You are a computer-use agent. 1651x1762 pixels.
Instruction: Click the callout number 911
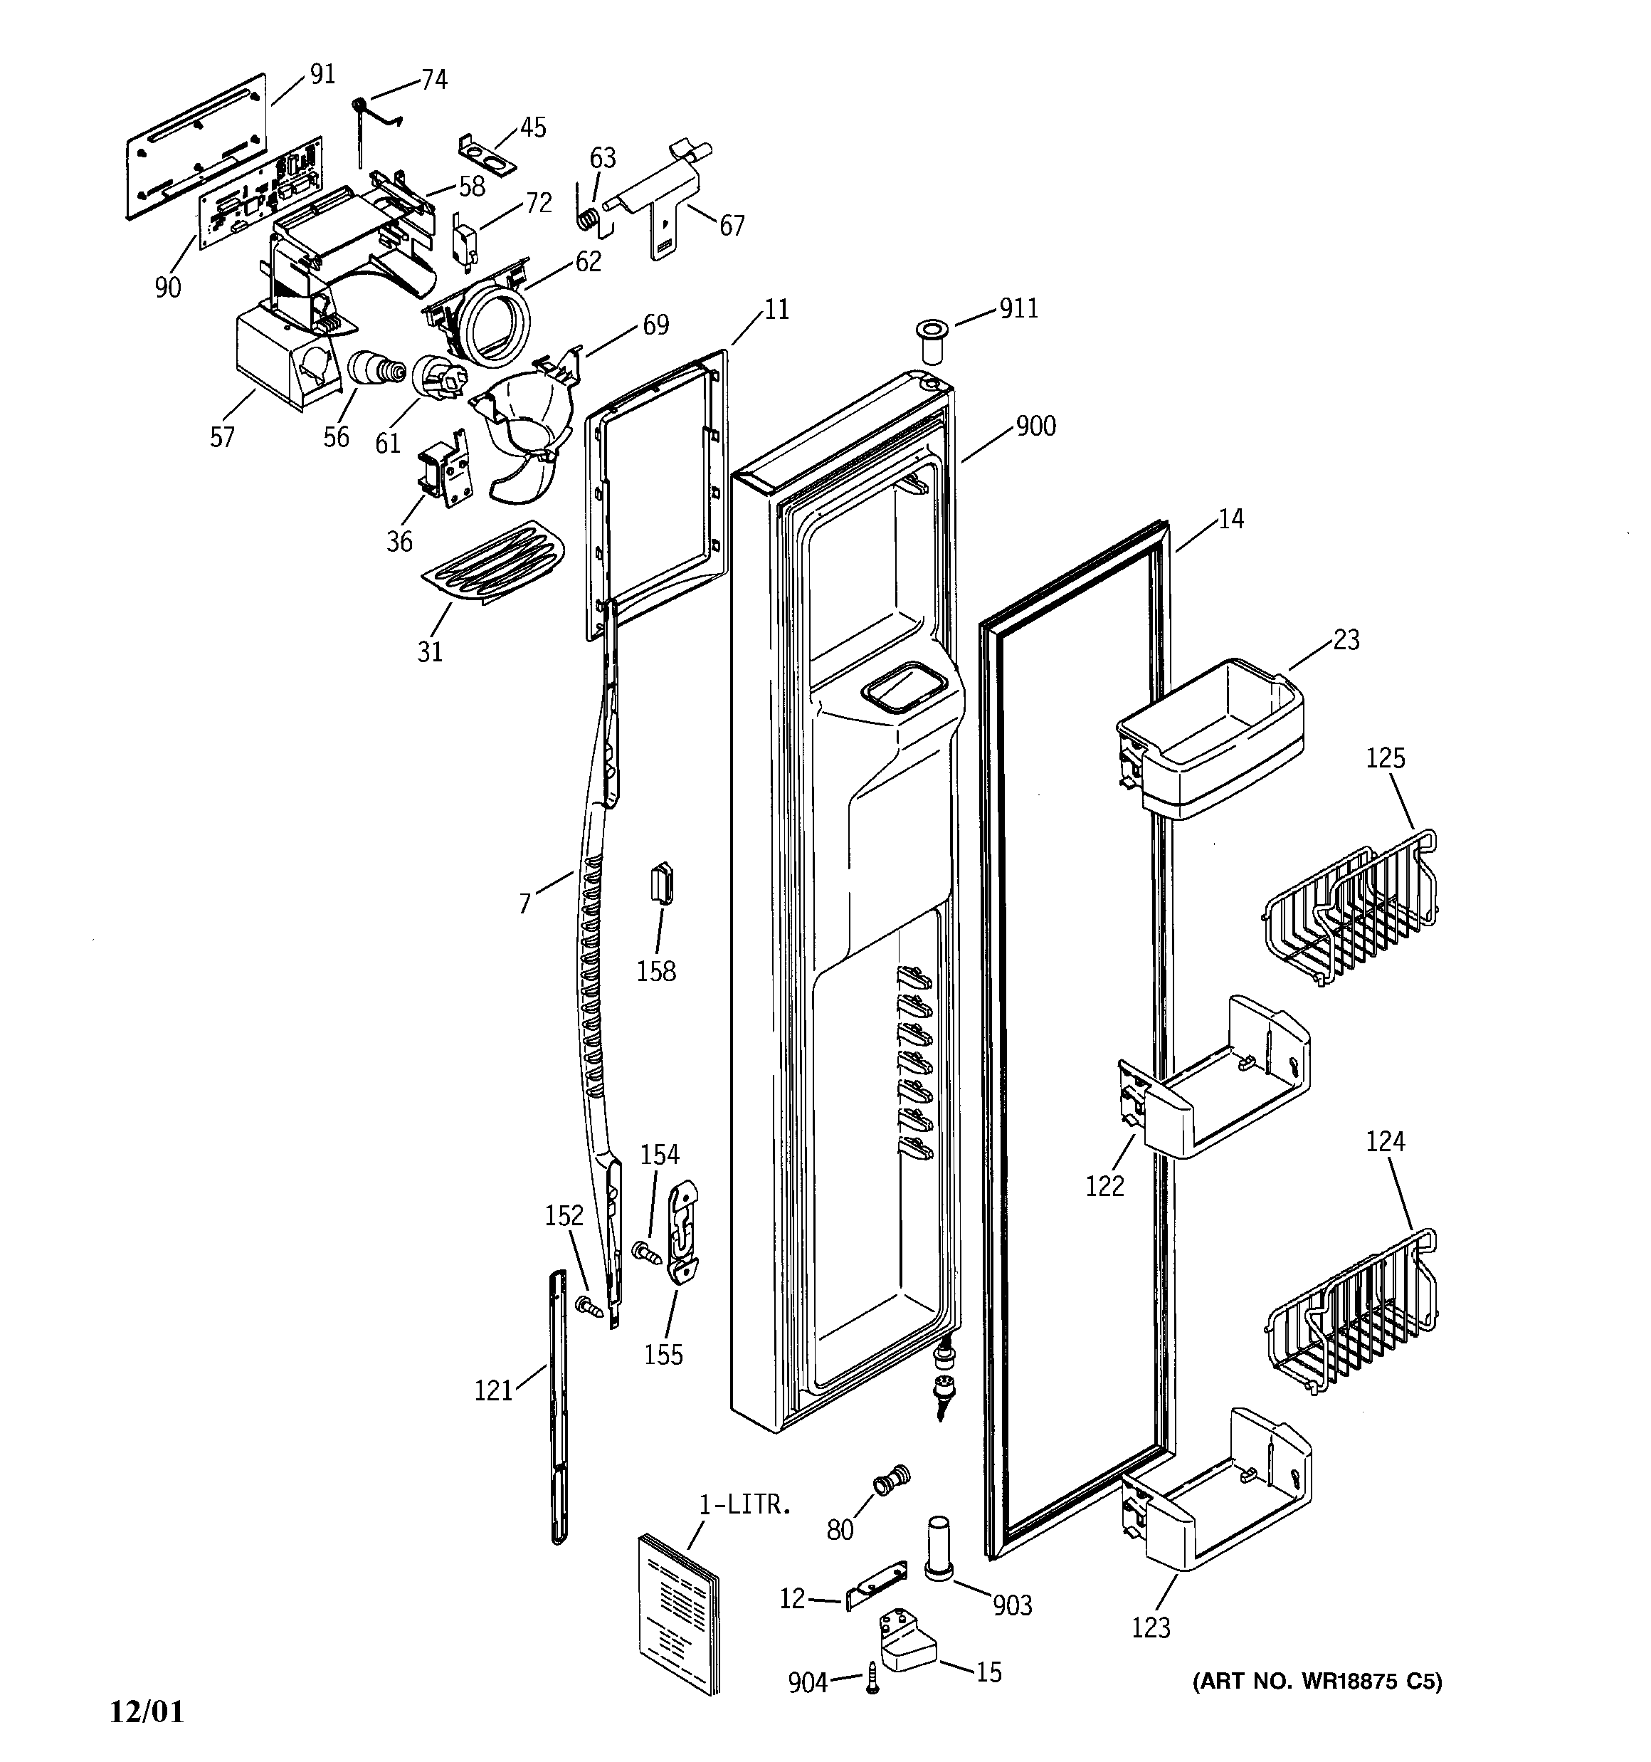coord(1018,308)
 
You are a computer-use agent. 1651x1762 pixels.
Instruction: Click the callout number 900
coord(1035,426)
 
